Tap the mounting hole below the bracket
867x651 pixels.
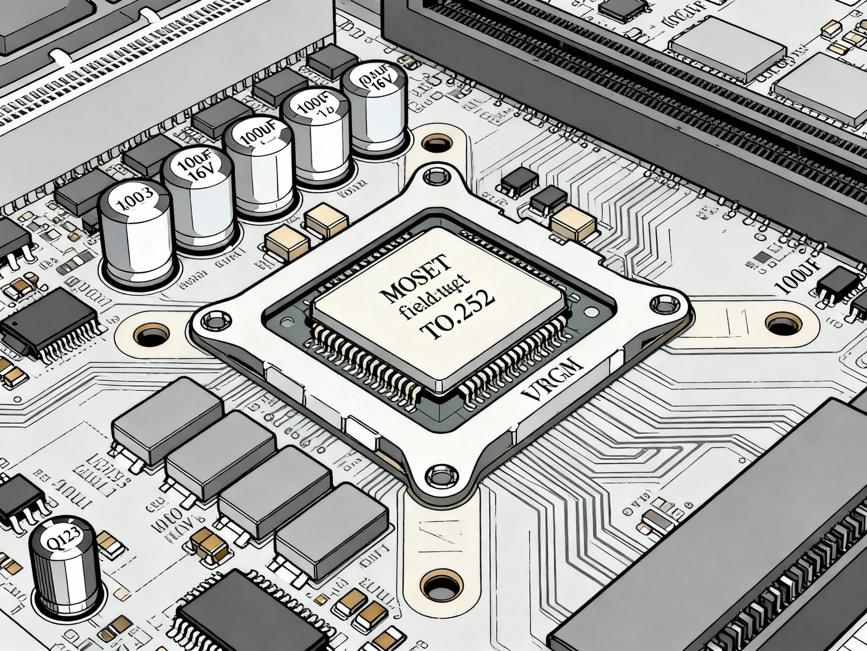point(442,586)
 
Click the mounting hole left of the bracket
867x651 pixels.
point(152,336)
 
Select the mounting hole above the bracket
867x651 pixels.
point(437,144)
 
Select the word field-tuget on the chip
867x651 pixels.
point(433,298)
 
